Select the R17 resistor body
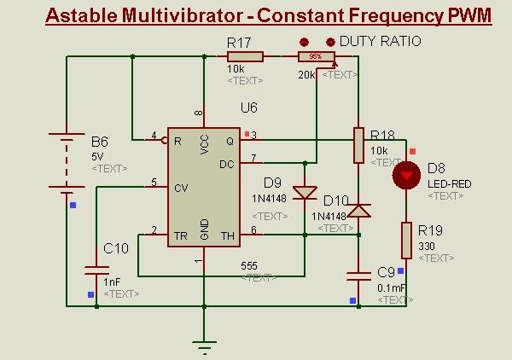coord(246,56)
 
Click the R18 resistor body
coord(358,145)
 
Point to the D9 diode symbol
coord(305,193)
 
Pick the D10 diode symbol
coord(358,208)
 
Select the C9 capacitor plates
coord(358,275)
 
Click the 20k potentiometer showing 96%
coord(315,56)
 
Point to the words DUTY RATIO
coord(380,41)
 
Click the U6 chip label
coord(248,107)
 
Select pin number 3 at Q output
coord(253,135)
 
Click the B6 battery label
coord(100,141)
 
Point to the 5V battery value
coord(96,157)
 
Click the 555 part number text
coord(248,265)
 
